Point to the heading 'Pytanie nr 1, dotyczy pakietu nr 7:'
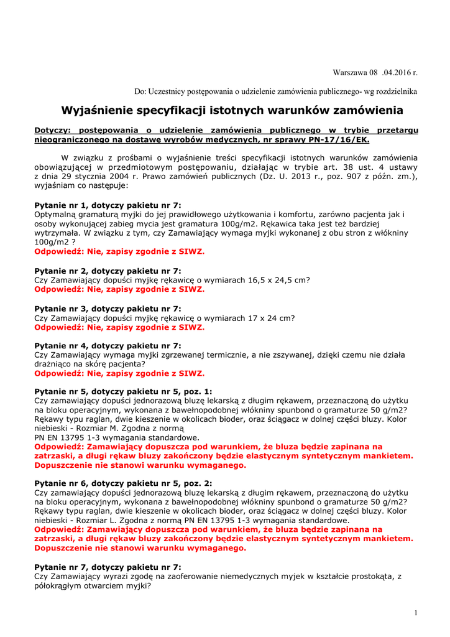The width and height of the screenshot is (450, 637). click(x=108, y=205)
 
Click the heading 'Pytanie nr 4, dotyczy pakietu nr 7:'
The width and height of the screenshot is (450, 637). click(x=108, y=345)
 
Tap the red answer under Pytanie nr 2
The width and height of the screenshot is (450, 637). click(x=119, y=289)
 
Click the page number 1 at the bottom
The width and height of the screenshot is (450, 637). click(x=415, y=613)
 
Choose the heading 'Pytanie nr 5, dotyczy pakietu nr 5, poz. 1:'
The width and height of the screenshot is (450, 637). click(x=123, y=392)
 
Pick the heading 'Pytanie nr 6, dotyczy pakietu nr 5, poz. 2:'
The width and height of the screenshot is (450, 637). click(x=123, y=483)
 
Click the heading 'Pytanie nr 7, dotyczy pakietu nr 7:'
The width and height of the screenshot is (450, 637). click(x=108, y=567)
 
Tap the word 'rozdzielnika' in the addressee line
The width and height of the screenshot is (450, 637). click(x=397, y=91)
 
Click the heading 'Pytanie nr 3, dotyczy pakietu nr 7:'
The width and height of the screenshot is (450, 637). click(x=108, y=309)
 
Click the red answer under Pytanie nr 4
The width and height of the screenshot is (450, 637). click(x=119, y=374)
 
